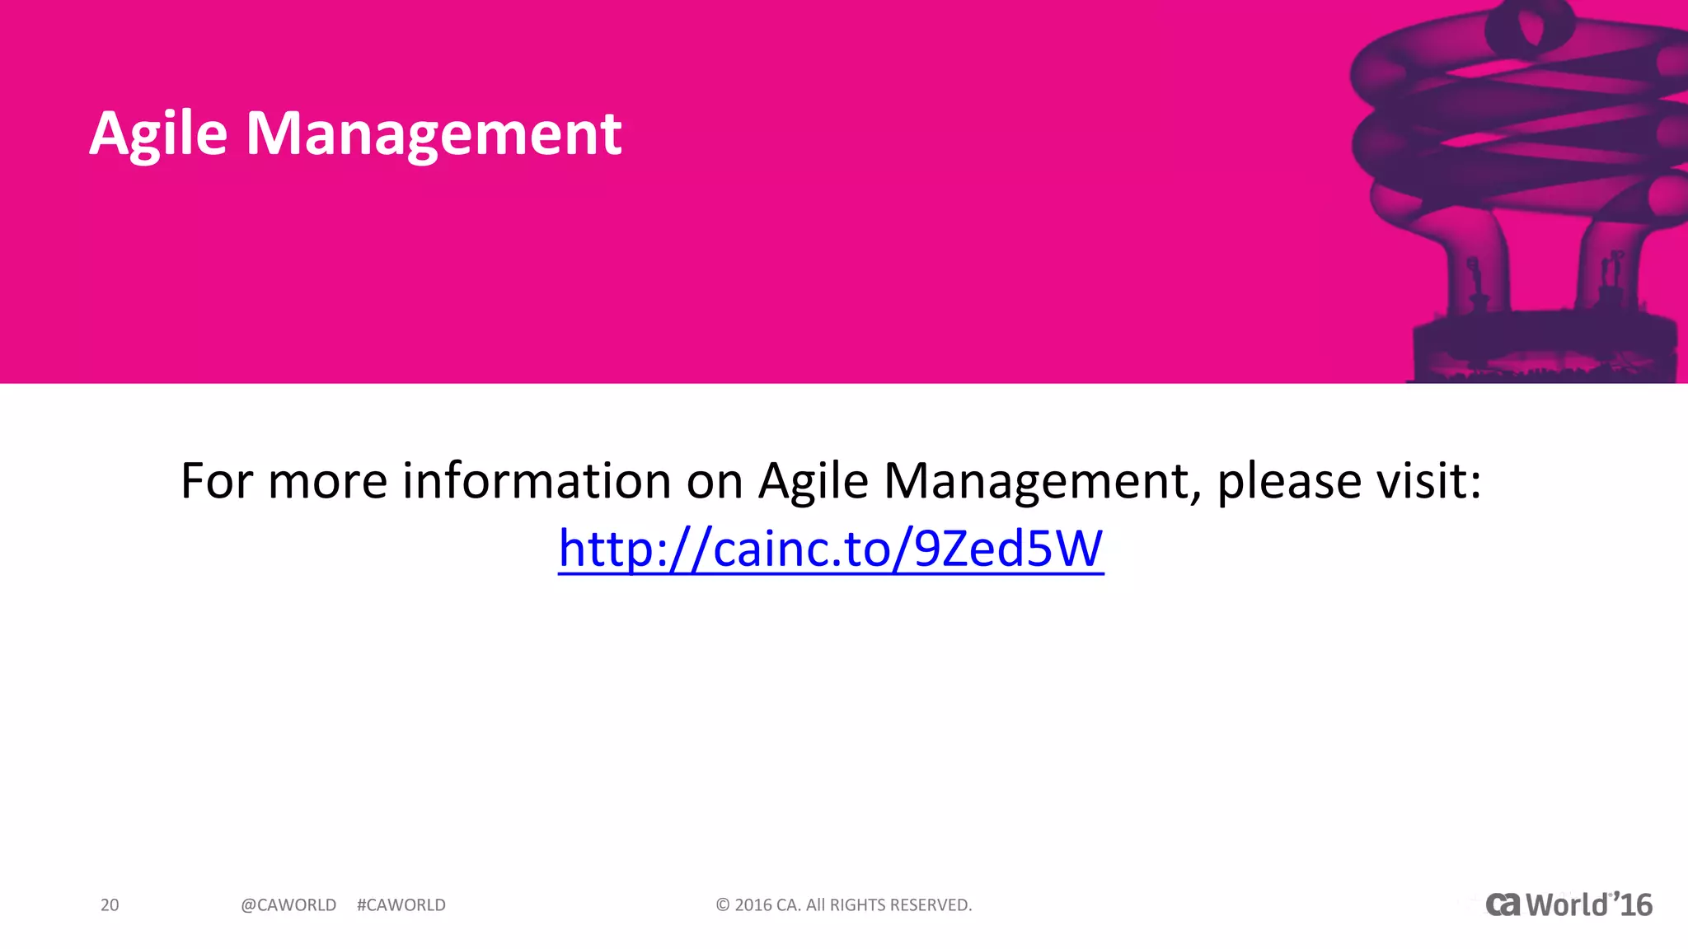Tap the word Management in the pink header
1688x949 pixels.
434,134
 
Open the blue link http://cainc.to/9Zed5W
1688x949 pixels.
831,549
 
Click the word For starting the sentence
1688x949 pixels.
217,481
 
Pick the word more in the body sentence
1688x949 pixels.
328,481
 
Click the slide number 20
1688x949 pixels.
110,905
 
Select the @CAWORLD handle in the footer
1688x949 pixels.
288,905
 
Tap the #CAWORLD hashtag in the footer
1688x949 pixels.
401,905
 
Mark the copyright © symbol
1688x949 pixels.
723,905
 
